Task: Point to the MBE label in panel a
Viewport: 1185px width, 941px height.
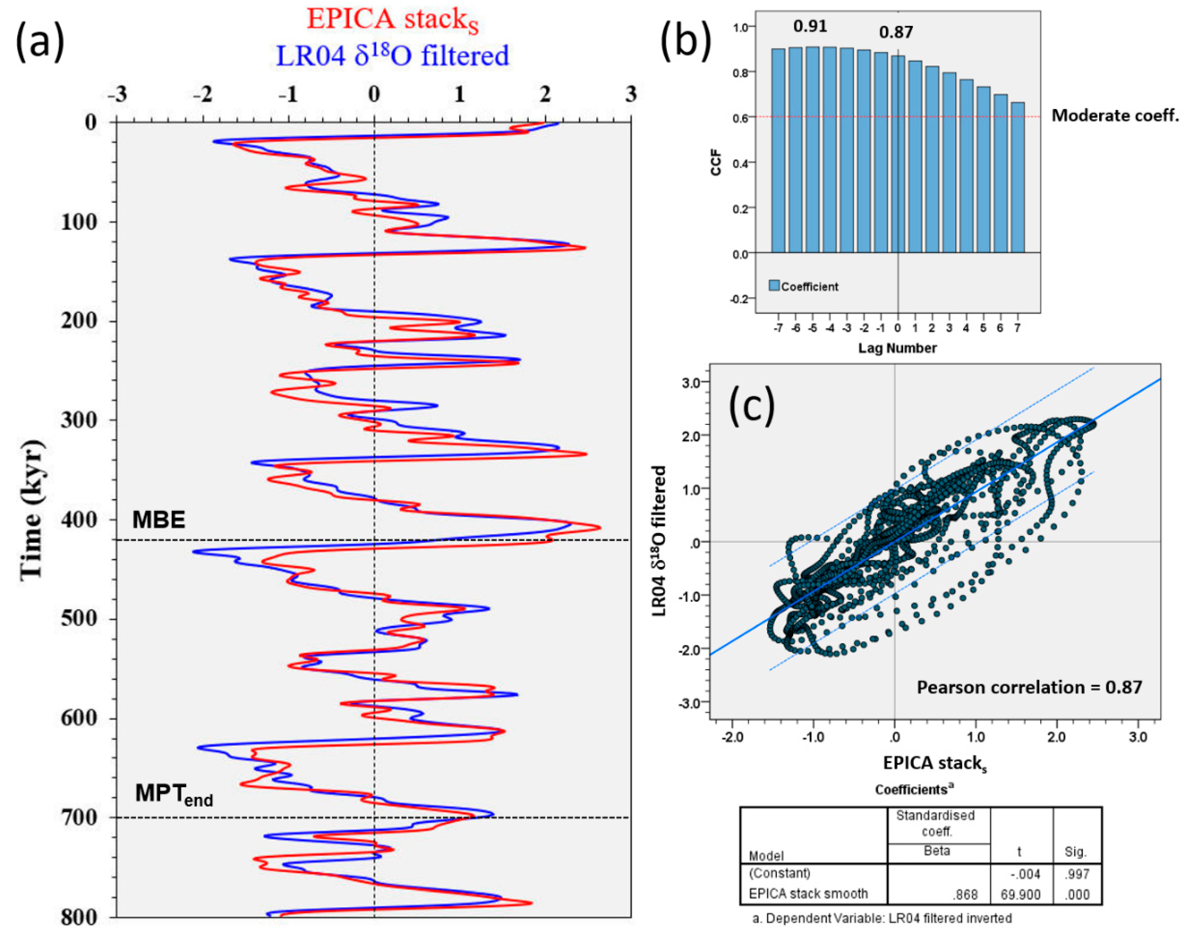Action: [159, 519]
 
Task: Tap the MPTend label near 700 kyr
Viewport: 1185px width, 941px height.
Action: [174, 794]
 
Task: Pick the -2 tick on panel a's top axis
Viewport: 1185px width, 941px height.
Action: [202, 94]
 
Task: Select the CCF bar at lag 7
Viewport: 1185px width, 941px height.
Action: [1017, 177]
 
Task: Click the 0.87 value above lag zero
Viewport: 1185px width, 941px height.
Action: [896, 32]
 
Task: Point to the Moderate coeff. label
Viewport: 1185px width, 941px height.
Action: [1115, 115]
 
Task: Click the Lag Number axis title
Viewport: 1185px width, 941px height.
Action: [898, 348]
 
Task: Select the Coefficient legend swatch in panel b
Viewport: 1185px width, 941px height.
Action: [774, 286]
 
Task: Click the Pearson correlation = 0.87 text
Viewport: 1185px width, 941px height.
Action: [1029, 687]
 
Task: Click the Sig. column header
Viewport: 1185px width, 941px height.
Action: [1076, 852]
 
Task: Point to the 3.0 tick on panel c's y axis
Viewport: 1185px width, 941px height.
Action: [691, 383]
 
